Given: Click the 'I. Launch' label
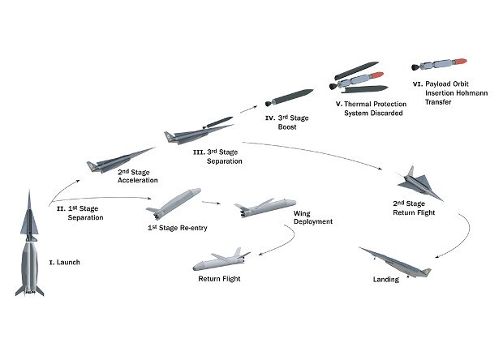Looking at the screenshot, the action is pyautogui.click(x=64, y=262).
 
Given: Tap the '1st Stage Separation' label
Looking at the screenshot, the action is pyautogui.click(x=80, y=213).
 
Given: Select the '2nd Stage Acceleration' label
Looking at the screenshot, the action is pyautogui.click(x=138, y=176).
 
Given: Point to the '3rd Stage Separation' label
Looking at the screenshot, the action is pyautogui.click(x=217, y=156).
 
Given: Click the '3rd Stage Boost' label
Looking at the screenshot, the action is pyautogui.click(x=287, y=122).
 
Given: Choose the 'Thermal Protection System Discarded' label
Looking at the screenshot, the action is pyautogui.click(x=371, y=109).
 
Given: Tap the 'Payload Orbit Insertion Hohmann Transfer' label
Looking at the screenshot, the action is pyautogui.click(x=450, y=93).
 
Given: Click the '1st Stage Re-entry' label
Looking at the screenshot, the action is pyautogui.click(x=178, y=228).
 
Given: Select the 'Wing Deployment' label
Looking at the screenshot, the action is pyautogui.click(x=313, y=217).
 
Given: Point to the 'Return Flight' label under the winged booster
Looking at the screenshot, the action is pyautogui.click(x=219, y=279).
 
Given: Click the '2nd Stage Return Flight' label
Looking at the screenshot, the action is pyautogui.click(x=414, y=208).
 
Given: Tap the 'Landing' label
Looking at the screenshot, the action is pyautogui.click(x=386, y=279).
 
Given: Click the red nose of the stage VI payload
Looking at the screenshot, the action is pyautogui.click(x=460, y=62).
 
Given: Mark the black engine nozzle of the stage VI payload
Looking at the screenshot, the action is pyautogui.click(x=415, y=67).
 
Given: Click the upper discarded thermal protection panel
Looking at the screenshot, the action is pyautogui.click(x=357, y=71).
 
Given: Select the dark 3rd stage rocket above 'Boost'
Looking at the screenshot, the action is pyautogui.click(x=290, y=97).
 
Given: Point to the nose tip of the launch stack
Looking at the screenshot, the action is pyautogui.click(x=29, y=190).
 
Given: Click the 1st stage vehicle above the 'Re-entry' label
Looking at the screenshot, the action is pyautogui.click(x=174, y=204).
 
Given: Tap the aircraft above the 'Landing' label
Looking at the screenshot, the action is pyautogui.click(x=394, y=262).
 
